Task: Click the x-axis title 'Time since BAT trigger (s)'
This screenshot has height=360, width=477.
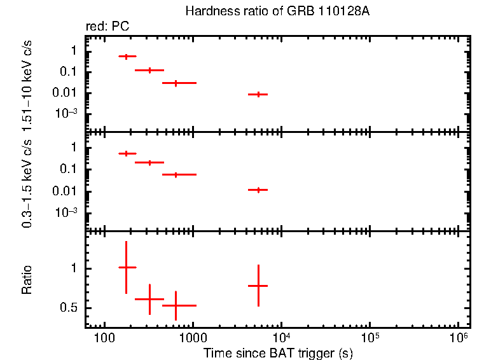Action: tap(279, 352)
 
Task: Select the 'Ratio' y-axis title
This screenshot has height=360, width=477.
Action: tap(27, 280)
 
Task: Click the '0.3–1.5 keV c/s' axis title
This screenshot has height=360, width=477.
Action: tap(27, 184)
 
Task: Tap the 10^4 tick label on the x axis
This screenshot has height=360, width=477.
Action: tap(280, 336)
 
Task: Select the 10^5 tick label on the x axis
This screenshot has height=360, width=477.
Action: tap(369, 336)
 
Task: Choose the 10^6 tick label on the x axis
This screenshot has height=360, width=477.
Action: tap(457, 336)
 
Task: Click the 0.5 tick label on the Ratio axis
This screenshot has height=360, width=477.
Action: tap(69, 308)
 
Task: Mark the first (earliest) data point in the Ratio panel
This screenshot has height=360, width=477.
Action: tap(127, 268)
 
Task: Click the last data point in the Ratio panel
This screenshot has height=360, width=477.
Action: tap(258, 286)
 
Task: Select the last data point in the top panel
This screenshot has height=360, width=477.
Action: tap(258, 94)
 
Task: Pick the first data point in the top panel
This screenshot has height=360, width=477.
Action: tap(127, 57)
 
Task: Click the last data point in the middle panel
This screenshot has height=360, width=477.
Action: tap(258, 190)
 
